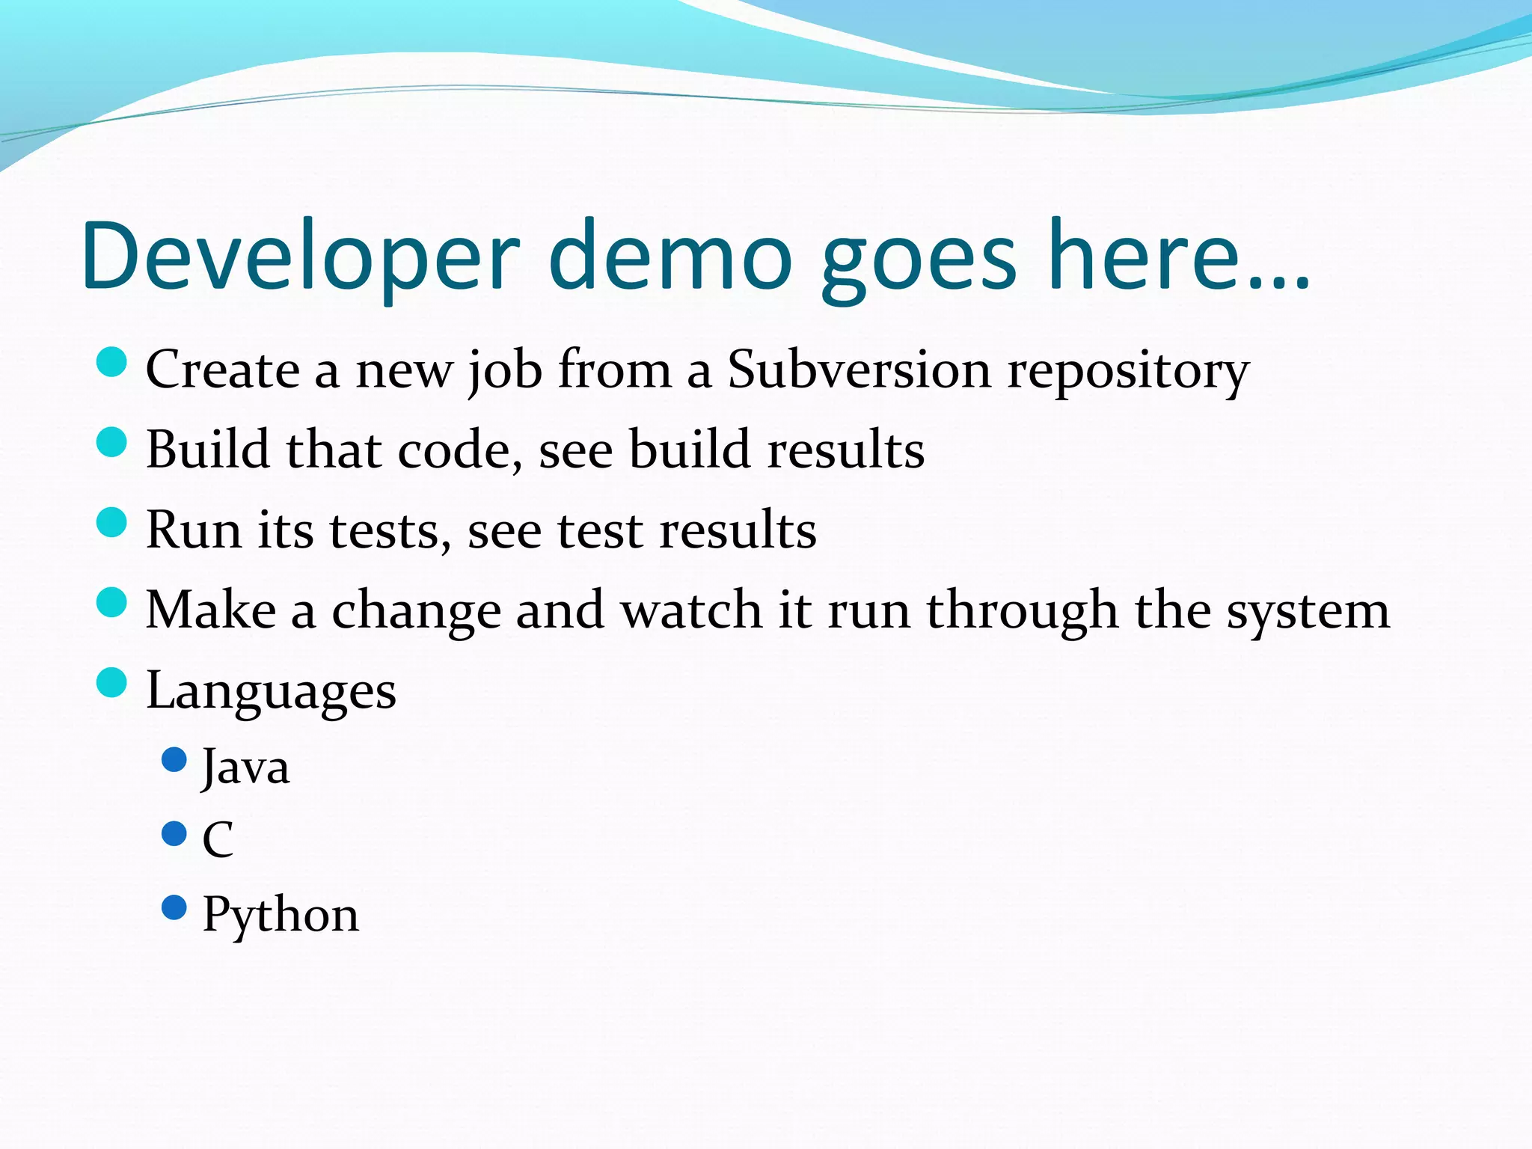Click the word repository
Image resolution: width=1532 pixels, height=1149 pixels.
click(1128, 372)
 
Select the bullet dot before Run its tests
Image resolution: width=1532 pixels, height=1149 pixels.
click(112, 522)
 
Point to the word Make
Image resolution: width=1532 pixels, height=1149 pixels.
click(211, 609)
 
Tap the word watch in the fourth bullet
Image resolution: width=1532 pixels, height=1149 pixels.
click(691, 609)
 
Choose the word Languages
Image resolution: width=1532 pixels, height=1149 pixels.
click(271, 691)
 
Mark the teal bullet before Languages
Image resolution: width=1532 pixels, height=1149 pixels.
click(112, 682)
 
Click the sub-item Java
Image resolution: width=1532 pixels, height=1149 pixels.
click(245, 767)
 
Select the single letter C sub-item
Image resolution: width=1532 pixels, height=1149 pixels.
click(218, 839)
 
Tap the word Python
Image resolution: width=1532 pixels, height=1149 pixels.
click(281, 914)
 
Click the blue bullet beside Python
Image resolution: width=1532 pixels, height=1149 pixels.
click(174, 907)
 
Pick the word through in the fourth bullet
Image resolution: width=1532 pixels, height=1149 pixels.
click(1022, 611)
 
